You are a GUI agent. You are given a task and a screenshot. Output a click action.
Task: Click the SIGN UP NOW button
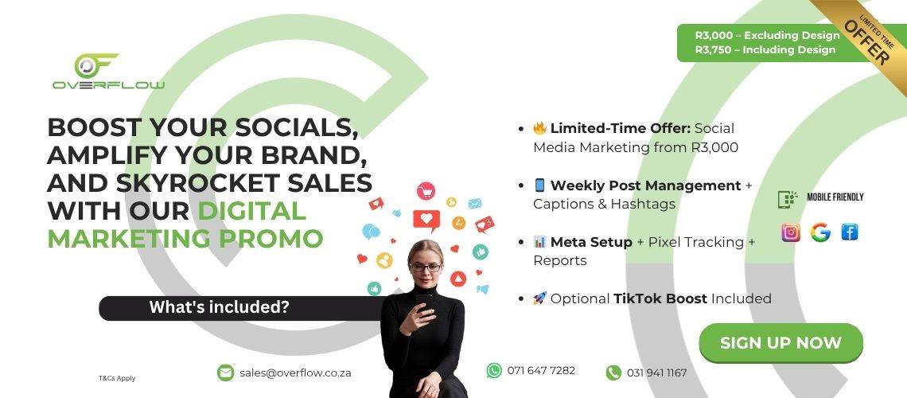[781, 343]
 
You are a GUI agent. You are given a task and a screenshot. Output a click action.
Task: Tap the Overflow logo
[108, 72]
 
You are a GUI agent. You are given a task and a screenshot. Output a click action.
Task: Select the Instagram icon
[791, 232]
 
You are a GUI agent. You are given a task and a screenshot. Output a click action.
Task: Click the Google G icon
[820, 232]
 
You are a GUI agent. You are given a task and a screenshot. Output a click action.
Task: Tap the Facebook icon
[849, 232]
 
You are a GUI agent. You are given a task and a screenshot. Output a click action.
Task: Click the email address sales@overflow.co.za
[296, 373]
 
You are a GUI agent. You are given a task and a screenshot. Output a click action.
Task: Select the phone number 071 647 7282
[542, 370]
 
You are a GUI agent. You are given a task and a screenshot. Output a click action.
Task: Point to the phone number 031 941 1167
[657, 373]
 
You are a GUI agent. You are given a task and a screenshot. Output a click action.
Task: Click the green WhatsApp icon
[494, 370]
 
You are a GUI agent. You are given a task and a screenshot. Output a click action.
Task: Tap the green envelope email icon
[225, 373]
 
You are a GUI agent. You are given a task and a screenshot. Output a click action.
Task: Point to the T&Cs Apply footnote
[117, 378]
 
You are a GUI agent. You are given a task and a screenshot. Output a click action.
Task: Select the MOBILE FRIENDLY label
[835, 197]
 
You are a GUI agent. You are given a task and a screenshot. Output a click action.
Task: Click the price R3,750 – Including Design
[765, 49]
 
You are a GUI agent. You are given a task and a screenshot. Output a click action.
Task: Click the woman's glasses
[426, 267]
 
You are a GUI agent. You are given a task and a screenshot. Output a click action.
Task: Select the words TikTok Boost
[660, 298]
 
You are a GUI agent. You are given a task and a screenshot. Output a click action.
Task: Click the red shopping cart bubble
[426, 191]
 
